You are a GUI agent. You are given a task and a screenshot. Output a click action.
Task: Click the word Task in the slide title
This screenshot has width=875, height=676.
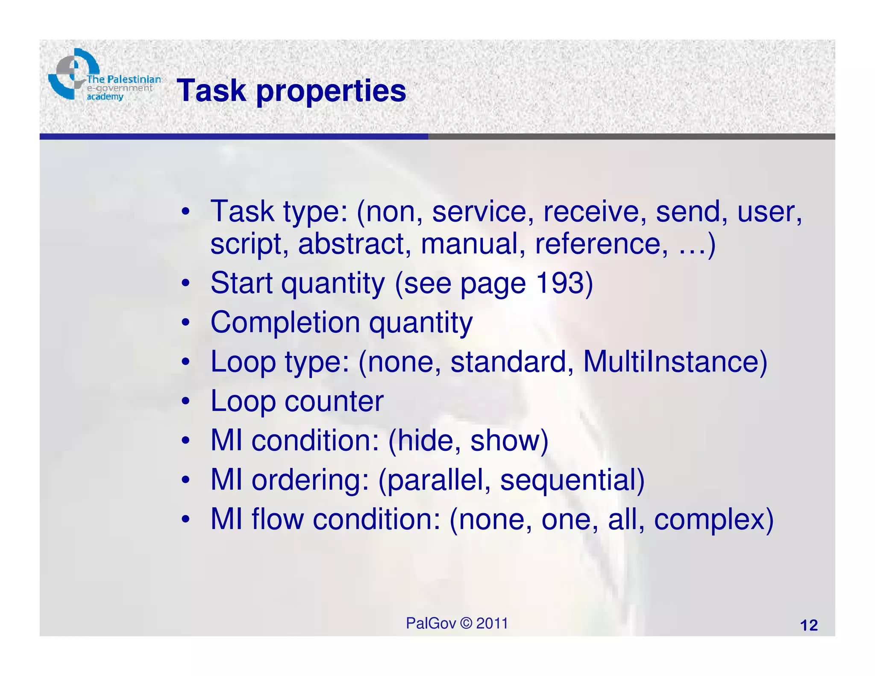point(212,91)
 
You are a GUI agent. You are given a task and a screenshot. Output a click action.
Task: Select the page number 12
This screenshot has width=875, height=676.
point(808,626)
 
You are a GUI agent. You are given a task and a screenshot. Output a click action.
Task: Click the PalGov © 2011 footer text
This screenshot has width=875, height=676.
point(457,623)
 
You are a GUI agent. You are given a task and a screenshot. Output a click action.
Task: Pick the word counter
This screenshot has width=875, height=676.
point(334,401)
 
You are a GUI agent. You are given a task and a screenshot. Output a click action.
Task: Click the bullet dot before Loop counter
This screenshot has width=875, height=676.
point(185,402)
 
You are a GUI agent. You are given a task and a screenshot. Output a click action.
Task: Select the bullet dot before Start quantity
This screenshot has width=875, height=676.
point(185,283)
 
